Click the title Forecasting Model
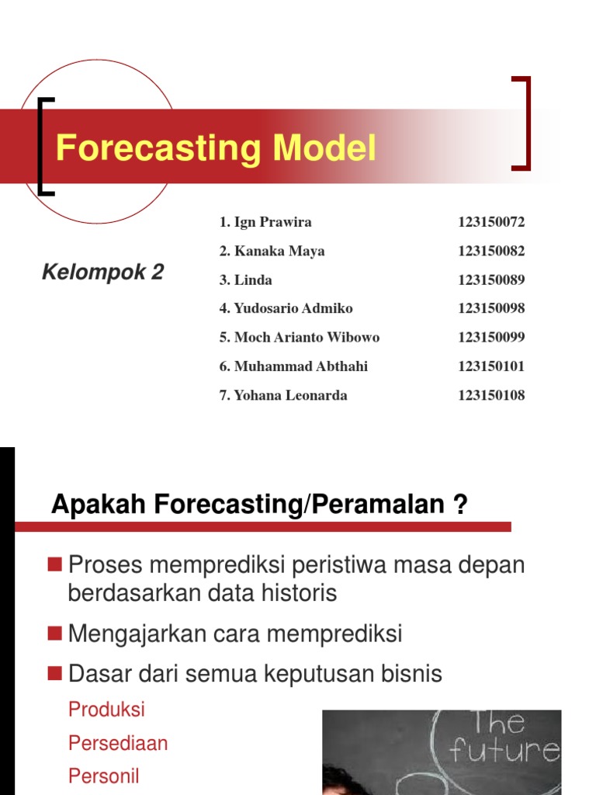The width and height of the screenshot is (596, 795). click(x=216, y=148)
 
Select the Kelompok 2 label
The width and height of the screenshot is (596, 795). click(x=102, y=273)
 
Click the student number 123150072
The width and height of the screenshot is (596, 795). click(x=491, y=222)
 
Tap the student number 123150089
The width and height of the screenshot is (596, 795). click(x=491, y=279)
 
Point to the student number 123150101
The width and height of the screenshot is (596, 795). click(x=491, y=366)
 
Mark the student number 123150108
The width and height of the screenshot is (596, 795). click(x=491, y=395)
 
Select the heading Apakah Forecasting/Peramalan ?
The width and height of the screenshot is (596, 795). click(x=259, y=506)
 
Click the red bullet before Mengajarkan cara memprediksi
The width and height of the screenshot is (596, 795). click(x=54, y=634)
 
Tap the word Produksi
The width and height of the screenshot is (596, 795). click(x=106, y=710)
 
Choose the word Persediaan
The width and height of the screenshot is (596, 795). click(x=118, y=743)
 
